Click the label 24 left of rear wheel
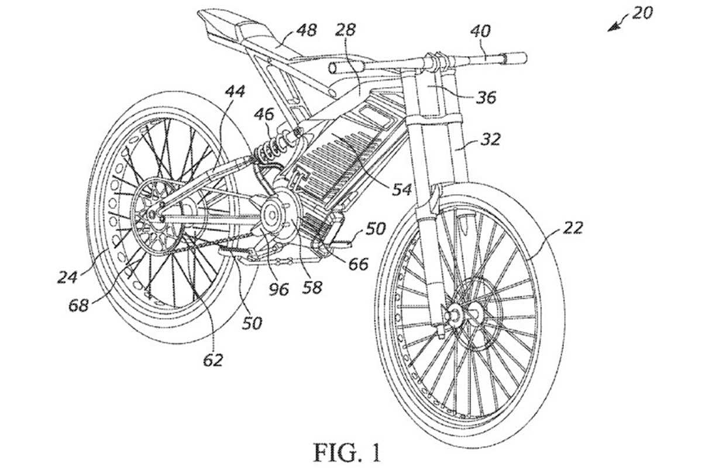click(68, 276)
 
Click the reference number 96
click(278, 288)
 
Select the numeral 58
click(312, 287)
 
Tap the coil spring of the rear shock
click(269, 150)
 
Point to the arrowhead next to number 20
click(613, 27)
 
